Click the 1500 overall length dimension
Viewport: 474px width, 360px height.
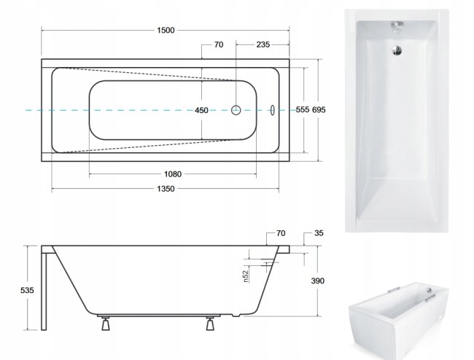click(166, 30)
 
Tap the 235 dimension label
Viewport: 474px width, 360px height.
click(263, 44)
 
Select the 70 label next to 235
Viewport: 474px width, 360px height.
click(219, 44)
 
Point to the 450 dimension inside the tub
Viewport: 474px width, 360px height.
click(201, 110)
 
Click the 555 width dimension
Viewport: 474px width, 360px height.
click(303, 109)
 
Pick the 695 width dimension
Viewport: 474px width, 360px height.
click(319, 109)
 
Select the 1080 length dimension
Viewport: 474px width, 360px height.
click(173, 174)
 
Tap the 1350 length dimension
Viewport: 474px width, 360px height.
click(166, 189)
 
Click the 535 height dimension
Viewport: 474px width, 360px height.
click(27, 290)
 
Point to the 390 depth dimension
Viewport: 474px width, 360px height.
click(318, 281)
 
